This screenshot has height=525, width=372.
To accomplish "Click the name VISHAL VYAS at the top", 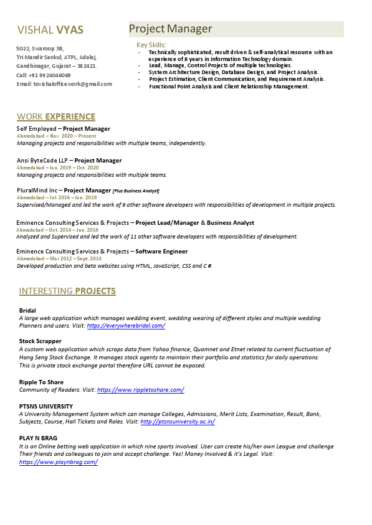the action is pyautogui.click(x=50, y=30).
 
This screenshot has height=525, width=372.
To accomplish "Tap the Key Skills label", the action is pyautogui.click(x=151, y=45).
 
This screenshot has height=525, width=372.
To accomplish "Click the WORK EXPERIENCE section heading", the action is pyautogui.click(x=56, y=116).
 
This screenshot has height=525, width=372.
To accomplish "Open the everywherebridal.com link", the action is pyautogui.click(x=126, y=326).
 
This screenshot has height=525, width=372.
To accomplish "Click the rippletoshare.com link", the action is pyautogui.click(x=140, y=390).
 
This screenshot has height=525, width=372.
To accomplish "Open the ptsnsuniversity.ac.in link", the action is pyautogui.click(x=178, y=422).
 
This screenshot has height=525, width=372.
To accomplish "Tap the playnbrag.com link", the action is pyautogui.click(x=59, y=462).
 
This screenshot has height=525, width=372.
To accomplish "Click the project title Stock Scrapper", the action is pyautogui.click(x=41, y=341).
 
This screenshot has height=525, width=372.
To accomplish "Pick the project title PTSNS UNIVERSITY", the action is pyautogui.click(x=46, y=406).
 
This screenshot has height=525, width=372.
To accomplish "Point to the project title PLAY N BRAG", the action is pyautogui.click(x=38, y=438).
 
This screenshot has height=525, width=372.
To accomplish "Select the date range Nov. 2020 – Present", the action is pyautogui.click(x=70, y=136).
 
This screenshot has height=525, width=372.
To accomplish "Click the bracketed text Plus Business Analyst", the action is pyautogui.click(x=136, y=191).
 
